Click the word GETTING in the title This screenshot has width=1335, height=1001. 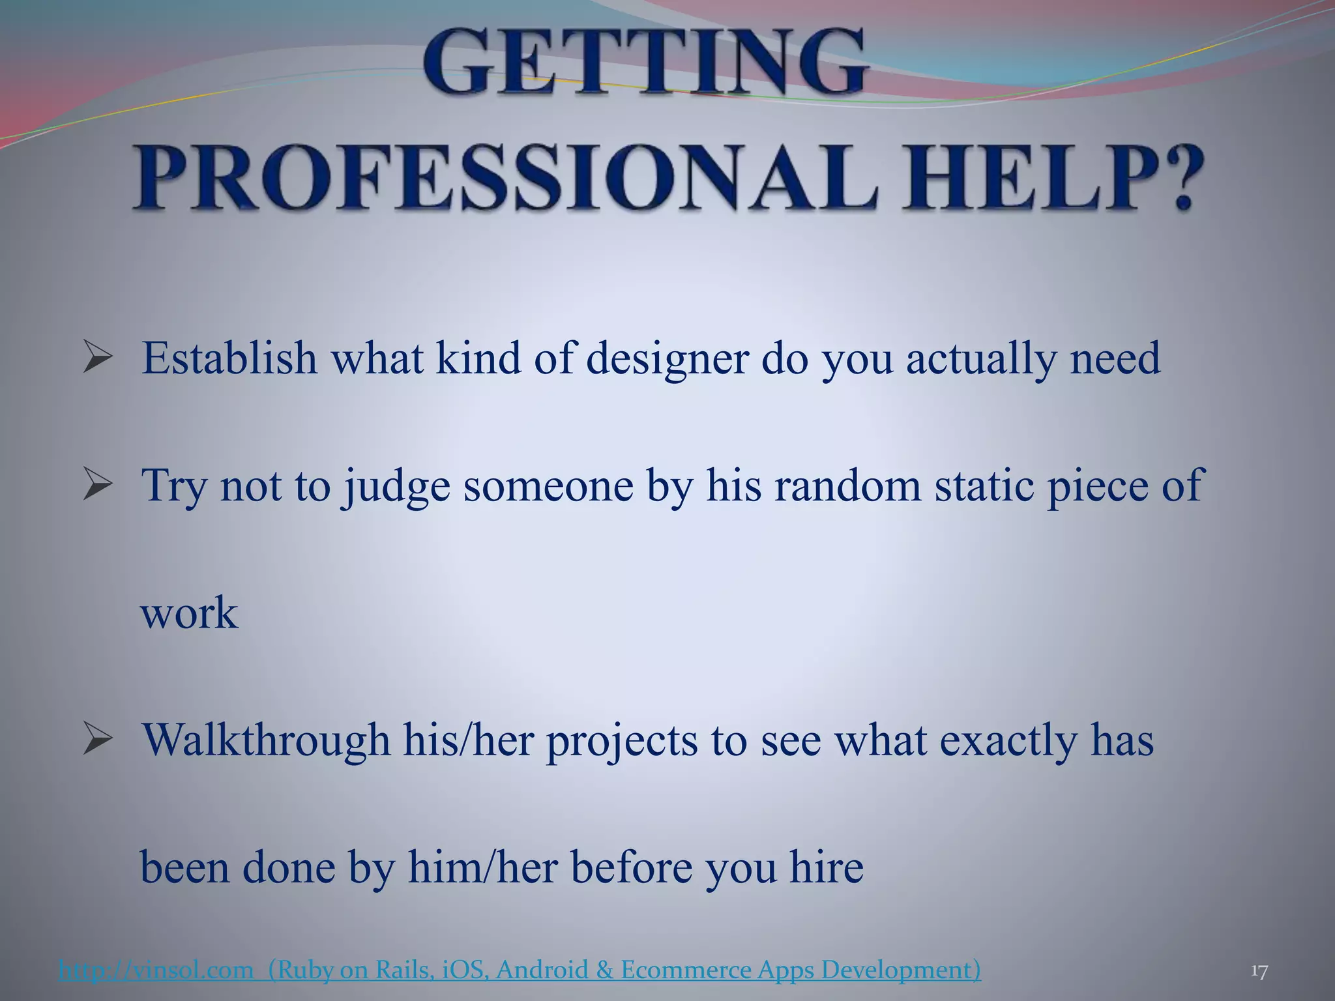pyautogui.click(x=645, y=64)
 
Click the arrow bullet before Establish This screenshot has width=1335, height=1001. pyautogui.click(x=98, y=359)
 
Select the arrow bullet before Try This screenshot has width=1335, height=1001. pyautogui.click(x=98, y=487)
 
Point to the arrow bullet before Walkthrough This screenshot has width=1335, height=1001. pyautogui.click(x=98, y=742)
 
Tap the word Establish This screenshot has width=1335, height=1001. pyautogui.click(x=229, y=358)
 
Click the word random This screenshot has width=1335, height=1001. pyautogui.click(x=847, y=486)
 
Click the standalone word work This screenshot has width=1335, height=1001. pyautogui.click(x=190, y=613)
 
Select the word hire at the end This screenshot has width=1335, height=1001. pyautogui.click(x=827, y=867)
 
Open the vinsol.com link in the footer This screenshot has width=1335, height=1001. pyautogui.click(x=156, y=970)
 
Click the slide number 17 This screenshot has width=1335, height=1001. pyautogui.click(x=1259, y=972)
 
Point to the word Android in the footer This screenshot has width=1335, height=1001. pyautogui.click(x=542, y=970)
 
